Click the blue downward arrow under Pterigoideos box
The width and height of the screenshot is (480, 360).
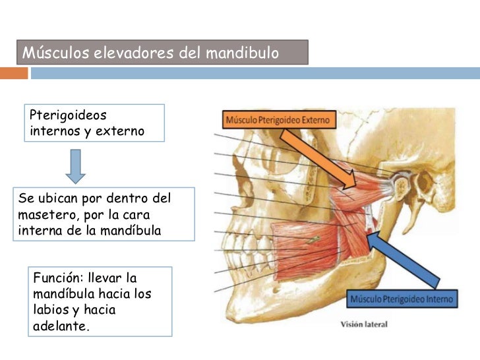point(76,165)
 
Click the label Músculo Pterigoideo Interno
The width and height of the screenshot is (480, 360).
point(402,299)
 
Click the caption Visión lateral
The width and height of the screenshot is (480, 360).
point(364,324)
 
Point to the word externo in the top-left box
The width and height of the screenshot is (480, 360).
point(119,131)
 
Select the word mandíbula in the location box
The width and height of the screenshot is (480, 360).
point(132,231)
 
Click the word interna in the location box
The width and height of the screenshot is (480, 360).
point(43,231)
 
